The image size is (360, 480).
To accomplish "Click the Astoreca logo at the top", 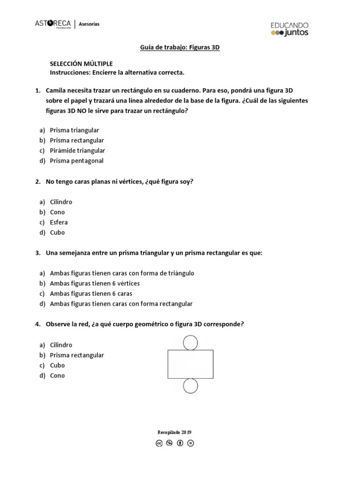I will tap(53, 24).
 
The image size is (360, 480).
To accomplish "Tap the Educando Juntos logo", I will tap(289, 29).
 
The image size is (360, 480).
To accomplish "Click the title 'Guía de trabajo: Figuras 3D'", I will tap(180, 47).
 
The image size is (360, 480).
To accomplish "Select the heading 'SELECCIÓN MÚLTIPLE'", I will tap(81, 64).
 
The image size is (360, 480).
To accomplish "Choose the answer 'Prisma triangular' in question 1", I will tap(75, 130).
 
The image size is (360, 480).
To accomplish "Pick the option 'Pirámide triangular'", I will tap(77, 150).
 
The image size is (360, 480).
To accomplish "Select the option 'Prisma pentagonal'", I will tap(76, 161).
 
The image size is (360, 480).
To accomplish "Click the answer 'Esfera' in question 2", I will tap(59, 222).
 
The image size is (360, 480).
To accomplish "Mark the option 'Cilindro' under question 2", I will tap(61, 202).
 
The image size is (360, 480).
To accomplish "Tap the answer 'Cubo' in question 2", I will tap(57, 232).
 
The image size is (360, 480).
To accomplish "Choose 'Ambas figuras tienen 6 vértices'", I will tap(95, 283).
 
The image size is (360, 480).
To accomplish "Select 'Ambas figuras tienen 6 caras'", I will tap(91, 293).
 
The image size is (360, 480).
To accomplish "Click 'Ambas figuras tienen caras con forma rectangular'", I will tap(121, 304).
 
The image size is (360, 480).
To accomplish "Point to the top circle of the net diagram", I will tap(190, 343).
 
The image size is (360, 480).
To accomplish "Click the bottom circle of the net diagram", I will tap(190, 386).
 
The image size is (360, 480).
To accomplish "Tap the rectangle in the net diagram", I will tap(190, 364).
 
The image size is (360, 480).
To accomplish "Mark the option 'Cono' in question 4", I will tap(57, 375).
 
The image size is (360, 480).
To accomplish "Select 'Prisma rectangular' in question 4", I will tap(77, 355).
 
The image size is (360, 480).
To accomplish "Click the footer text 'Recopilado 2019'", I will tap(174, 432).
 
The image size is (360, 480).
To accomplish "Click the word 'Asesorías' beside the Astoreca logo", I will tap(89, 24).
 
